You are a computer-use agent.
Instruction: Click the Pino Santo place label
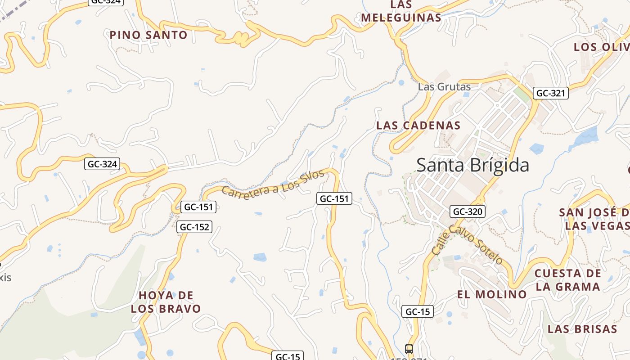click(148, 35)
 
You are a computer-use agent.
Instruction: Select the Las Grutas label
click(444, 87)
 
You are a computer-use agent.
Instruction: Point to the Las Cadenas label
click(418, 126)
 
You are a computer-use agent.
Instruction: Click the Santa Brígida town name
click(472, 165)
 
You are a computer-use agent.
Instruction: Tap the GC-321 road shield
click(551, 93)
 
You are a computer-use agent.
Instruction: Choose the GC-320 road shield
click(468, 211)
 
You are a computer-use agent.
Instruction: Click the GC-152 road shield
click(194, 227)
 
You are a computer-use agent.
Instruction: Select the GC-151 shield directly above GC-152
click(198, 207)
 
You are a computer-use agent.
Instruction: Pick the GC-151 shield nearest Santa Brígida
click(334, 198)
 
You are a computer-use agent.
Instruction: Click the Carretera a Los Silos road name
click(273, 184)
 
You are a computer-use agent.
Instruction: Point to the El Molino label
click(492, 294)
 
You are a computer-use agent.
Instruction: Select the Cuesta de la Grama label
click(567, 280)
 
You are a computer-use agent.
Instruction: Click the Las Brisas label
click(582, 329)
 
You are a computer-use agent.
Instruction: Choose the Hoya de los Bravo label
click(166, 302)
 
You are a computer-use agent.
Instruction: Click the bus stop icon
click(409, 349)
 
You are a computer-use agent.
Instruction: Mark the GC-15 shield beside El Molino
click(417, 311)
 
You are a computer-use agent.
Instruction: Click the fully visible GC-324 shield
click(102, 164)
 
